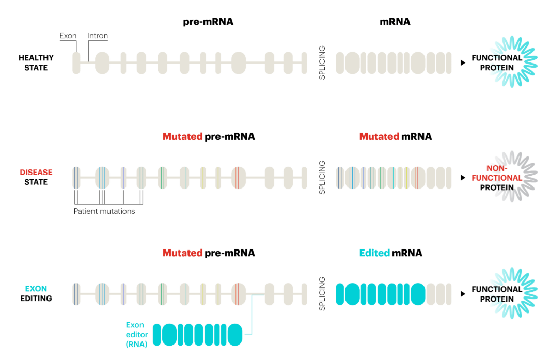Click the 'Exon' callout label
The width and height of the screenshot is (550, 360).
point(68,36)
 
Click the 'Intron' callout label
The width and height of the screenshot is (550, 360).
point(98,36)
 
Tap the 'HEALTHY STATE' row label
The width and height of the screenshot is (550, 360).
point(36,63)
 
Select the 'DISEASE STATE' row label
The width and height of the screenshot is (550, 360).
point(36,177)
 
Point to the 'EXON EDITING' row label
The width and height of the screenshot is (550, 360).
point(36,293)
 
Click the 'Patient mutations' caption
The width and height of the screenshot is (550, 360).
point(104,211)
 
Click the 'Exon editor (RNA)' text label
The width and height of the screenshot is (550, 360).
point(137,334)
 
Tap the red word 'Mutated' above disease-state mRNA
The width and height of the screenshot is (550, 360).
point(379,136)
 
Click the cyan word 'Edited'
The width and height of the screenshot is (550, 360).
point(374,253)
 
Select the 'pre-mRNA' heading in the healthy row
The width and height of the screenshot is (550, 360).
point(208,22)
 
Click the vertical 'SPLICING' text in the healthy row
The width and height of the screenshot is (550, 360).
point(322,63)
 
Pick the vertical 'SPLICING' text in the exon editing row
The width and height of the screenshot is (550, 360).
point(322,294)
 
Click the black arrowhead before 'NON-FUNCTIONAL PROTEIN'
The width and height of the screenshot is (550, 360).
point(463,178)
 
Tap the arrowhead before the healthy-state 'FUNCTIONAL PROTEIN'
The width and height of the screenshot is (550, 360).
point(463,63)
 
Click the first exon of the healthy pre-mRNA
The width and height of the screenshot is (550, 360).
point(76,63)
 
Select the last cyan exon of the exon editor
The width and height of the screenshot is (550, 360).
point(235,335)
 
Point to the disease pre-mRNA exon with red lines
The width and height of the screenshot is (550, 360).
point(239,178)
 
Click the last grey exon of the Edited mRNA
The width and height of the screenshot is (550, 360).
point(449,294)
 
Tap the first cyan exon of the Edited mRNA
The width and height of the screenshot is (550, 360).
point(340,294)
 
